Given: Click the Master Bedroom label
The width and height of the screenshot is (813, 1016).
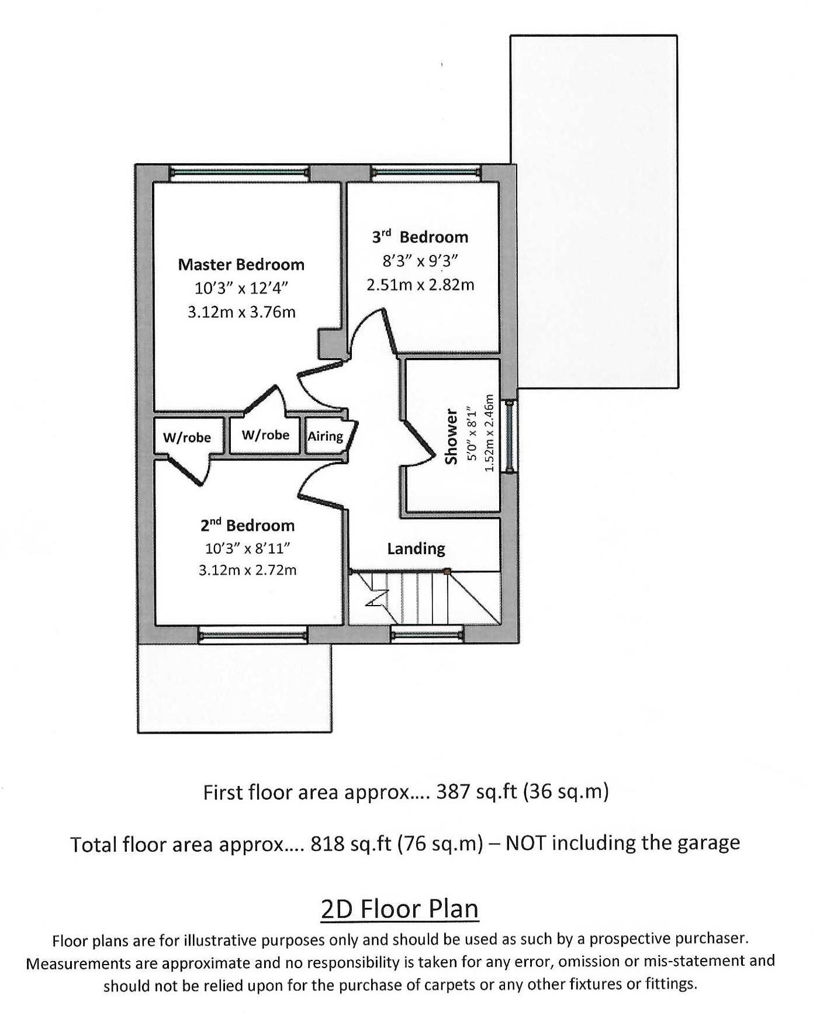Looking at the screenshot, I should pos(241,264).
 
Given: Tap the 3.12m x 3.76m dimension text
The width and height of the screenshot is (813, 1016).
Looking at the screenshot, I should pos(241,312).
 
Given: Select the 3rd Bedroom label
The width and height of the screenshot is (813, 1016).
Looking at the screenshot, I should pos(420,237).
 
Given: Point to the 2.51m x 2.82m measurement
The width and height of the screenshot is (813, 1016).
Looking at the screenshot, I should pos(420,285).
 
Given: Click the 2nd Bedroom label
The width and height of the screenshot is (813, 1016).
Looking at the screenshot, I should pos(247,525).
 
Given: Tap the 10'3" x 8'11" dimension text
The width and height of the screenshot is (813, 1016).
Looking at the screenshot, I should pos(247,548).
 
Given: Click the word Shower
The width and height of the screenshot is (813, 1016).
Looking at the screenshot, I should pos(451,437).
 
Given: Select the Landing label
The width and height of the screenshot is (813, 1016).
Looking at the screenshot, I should pos(416,548).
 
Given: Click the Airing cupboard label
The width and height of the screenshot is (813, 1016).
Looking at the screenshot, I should pos(325,436).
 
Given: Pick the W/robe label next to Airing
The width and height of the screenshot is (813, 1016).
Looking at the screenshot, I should pos(265,435).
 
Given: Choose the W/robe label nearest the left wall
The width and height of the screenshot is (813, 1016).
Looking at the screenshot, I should pos(186,437).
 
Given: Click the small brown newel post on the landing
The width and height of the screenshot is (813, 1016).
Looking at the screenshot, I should pos(447,571).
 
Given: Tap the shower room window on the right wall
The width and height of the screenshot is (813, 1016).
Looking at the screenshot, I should pos(510,436).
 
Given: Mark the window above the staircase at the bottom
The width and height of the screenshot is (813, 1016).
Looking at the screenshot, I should pos(427,633).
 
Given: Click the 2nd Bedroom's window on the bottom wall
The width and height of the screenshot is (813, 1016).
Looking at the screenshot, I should pos(252,635).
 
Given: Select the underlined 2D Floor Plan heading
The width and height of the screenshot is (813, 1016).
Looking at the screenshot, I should pos(400,908).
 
